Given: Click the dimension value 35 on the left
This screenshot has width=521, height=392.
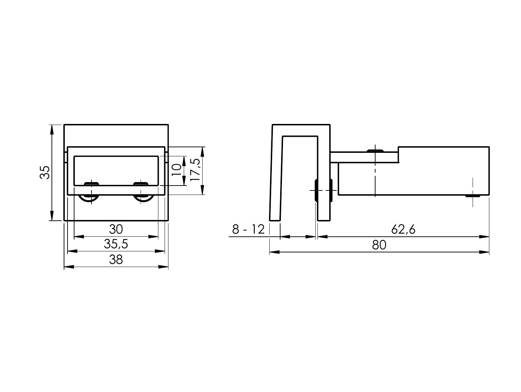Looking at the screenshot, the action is tap(45, 172).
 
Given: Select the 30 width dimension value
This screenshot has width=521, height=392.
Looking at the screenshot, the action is tap(116, 229).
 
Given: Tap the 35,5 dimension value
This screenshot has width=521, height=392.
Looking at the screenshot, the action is tap(116, 244).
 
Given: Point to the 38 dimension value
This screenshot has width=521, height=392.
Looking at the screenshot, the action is tap(116, 259).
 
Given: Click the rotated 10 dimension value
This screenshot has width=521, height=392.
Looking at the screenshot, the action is tap(176, 170).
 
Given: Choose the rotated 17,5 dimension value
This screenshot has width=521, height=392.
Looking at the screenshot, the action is tap(195, 170).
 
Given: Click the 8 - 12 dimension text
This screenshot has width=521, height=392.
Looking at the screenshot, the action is tap(248, 229).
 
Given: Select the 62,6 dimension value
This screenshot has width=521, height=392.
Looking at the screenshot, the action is tap(403, 229).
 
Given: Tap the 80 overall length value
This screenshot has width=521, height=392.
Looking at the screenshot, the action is tap(379, 245).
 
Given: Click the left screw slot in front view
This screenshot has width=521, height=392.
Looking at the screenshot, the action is tap(92, 184).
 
